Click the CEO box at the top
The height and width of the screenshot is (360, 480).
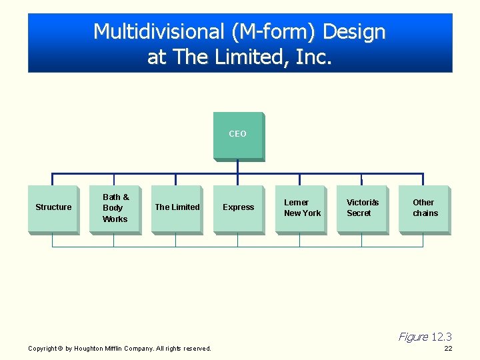click(x=238, y=136)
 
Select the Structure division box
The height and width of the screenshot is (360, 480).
click(x=53, y=209)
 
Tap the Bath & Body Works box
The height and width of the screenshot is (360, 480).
click(x=115, y=209)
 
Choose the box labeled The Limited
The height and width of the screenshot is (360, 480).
click(x=177, y=209)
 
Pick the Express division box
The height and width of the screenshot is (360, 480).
click(x=238, y=209)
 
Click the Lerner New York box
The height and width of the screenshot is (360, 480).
click(x=301, y=209)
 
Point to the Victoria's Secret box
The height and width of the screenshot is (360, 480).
click(x=362, y=209)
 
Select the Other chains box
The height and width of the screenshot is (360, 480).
click(x=424, y=209)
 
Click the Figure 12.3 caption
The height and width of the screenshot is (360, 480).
click(x=425, y=337)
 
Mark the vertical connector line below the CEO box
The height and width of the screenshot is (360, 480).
click(x=238, y=167)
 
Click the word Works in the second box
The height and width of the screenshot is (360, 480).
click(x=115, y=219)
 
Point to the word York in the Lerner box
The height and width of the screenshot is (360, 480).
click(x=311, y=213)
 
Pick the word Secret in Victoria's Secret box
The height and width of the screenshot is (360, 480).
click(x=359, y=213)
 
